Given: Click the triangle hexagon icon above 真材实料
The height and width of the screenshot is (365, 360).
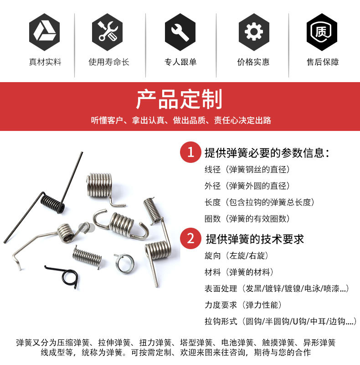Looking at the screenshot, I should (x=45, y=31).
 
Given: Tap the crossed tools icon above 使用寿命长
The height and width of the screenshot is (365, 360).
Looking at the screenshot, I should (x=107, y=31).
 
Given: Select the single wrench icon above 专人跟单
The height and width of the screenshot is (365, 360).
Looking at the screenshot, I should (x=180, y=31).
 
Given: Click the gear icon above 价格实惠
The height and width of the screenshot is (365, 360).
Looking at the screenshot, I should (x=253, y=31).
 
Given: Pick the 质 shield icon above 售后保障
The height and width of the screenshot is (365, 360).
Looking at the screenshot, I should (x=322, y=31).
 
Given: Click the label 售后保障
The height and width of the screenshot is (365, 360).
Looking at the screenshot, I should (x=322, y=62).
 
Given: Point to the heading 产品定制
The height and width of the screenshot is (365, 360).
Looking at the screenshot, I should (x=180, y=99).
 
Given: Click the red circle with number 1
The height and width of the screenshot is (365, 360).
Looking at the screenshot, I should (x=191, y=152).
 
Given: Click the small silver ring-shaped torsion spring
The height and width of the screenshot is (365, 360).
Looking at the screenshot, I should (x=124, y=263).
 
